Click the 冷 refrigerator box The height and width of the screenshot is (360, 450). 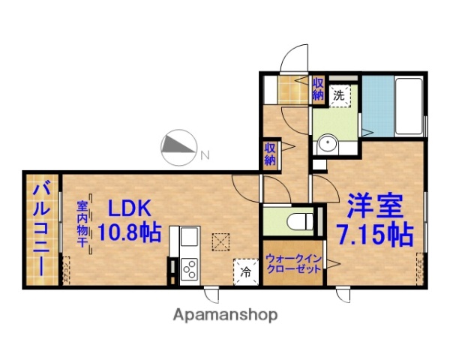pyautogui.click(x=245, y=271)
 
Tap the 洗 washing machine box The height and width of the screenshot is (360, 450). pyautogui.click(x=339, y=95)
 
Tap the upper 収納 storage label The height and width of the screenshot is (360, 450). pyautogui.click(x=318, y=88)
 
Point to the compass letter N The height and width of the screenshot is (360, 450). pyautogui.click(x=204, y=156)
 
